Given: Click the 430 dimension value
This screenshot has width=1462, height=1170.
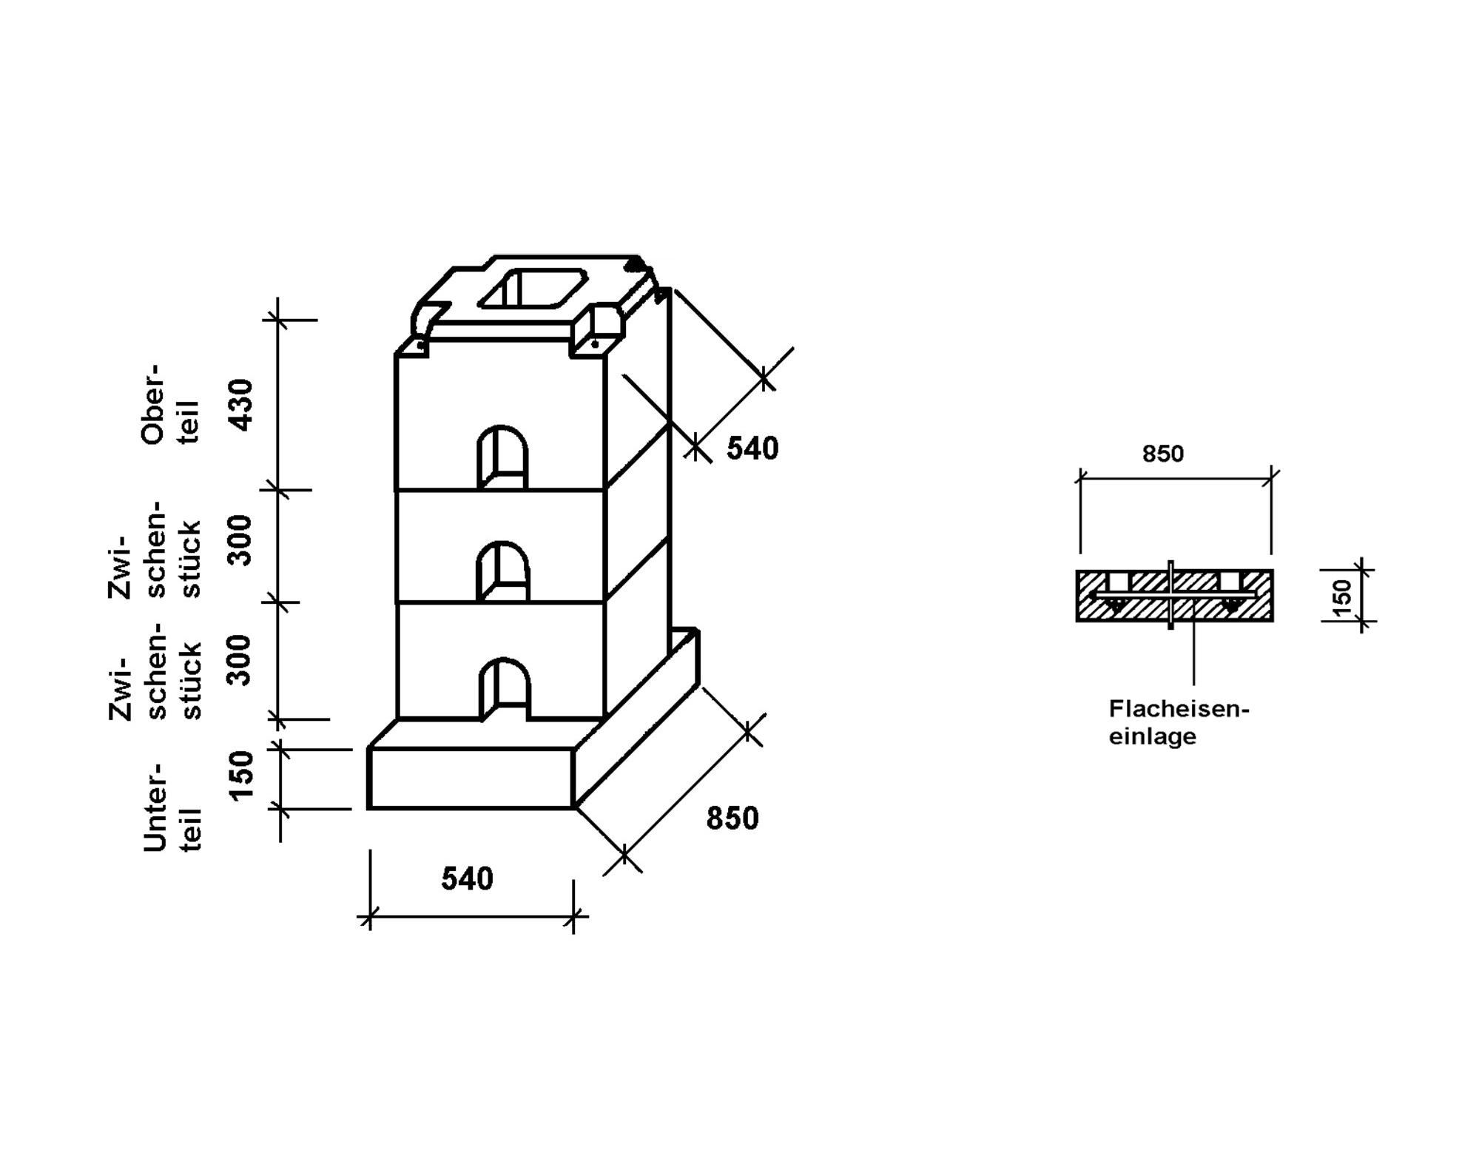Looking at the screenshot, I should tap(241, 405).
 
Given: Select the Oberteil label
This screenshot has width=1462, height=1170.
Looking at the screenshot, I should tap(170, 404).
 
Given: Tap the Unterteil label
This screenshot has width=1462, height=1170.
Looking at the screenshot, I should tap(172, 806).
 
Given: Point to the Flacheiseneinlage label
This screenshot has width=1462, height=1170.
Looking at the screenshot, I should tap(1177, 722).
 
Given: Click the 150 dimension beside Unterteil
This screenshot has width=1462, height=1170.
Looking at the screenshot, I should tap(241, 776).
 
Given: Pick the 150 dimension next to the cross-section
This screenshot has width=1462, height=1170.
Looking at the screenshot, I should tap(1341, 596).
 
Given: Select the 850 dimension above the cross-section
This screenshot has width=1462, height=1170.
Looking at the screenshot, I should tap(1162, 453).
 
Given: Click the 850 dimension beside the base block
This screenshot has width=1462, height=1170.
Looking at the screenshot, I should tap(732, 818).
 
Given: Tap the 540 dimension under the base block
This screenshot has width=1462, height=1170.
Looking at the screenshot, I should tap(467, 878).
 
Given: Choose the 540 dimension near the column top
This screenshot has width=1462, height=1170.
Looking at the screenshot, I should tap(752, 448).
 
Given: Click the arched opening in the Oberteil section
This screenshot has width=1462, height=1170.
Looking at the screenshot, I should tap(502, 456).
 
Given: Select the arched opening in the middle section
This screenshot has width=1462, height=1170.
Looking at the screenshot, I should tap(502, 571).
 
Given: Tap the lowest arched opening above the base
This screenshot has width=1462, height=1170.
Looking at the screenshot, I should tap(505, 687).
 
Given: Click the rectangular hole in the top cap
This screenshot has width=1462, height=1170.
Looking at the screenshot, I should tap(533, 289).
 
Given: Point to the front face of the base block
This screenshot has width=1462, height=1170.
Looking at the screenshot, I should tap(471, 778).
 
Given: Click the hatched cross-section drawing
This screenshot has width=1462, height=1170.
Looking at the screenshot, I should tap(1174, 595).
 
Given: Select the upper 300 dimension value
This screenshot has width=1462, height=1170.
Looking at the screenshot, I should tap(241, 540).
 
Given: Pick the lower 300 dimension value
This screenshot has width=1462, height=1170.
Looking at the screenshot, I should tap(241, 659).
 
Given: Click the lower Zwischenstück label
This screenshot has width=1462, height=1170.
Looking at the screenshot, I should tap(155, 669).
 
